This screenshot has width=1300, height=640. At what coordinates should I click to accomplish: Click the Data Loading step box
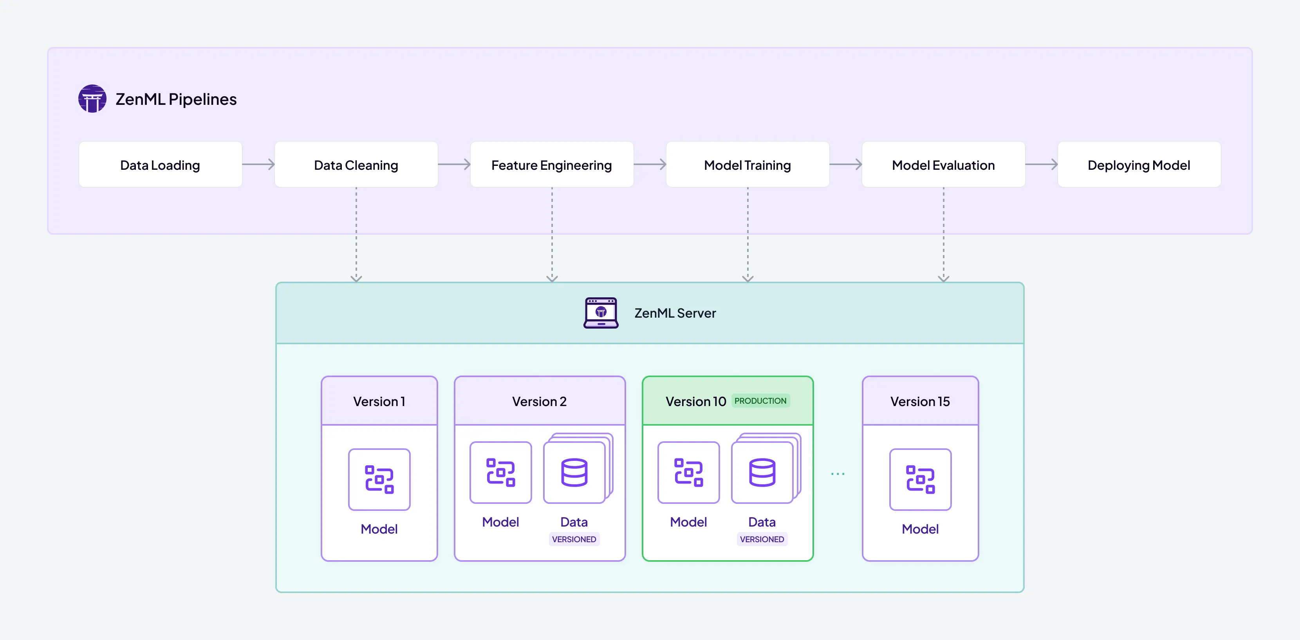click(x=160, y=165)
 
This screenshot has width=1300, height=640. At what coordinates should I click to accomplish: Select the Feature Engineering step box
click(x=552, y=165)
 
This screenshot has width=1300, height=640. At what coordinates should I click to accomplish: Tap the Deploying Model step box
click(x=1139, y=165)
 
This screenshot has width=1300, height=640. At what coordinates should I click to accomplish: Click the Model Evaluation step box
click(x=943, y=165)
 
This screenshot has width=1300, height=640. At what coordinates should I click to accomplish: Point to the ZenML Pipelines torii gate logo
click(x=92, y=99)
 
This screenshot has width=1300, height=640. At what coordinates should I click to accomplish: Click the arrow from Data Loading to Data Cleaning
click(x=258, y=164)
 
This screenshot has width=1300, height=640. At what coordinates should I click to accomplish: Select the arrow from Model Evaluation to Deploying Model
click(x=1041, y=164)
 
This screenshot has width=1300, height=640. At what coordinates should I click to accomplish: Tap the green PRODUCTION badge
click(x=760, y=401)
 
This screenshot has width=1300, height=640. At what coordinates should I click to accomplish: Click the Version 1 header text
click(x=379, y=401)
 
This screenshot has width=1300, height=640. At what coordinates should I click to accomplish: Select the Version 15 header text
click(x=920, y=401)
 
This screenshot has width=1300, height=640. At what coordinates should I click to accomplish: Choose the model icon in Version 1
click(x=379, y=479)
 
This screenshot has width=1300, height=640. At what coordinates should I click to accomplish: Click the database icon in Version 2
click(x=574, y=473)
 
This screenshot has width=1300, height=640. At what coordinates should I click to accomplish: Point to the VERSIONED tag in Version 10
click(x=762, y=539)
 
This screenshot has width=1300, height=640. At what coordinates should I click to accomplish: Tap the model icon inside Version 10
click(x=688, y=473)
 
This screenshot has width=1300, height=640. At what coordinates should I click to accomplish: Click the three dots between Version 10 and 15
click(x=838, y=474)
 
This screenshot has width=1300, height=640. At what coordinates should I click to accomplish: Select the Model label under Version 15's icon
click(x=920, y=529)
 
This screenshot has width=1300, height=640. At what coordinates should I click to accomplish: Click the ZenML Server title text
click(x=675, y=313)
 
